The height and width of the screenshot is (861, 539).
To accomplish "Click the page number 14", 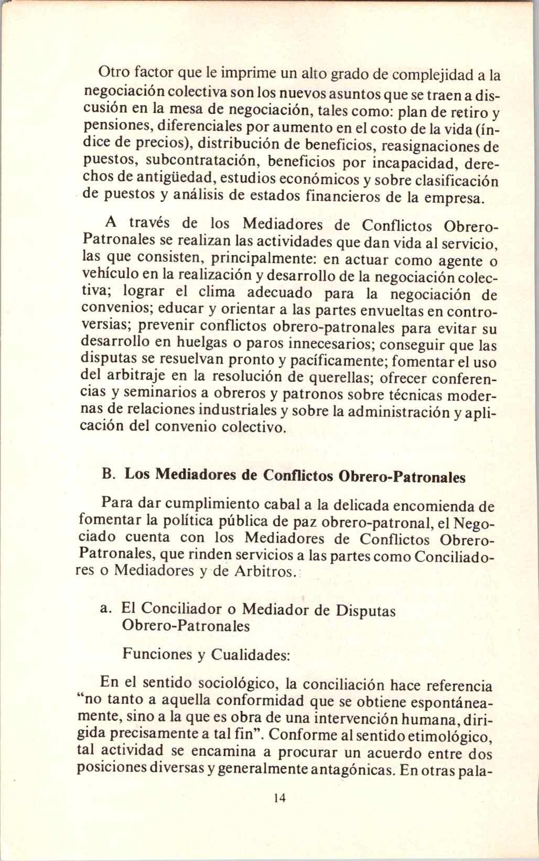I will [x=279, y=813].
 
